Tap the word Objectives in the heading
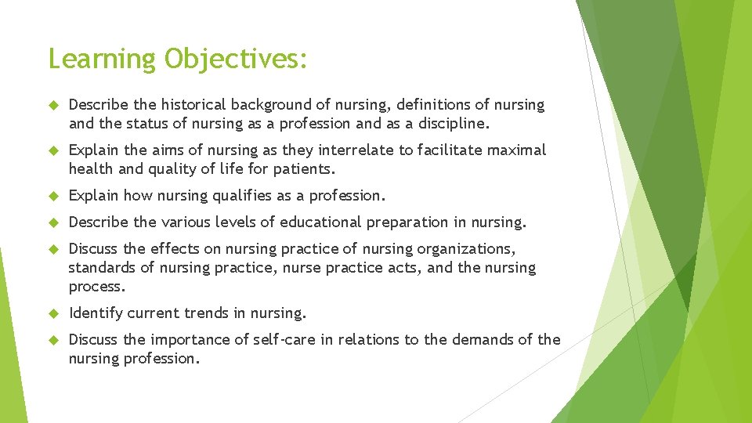pos(235,60)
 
